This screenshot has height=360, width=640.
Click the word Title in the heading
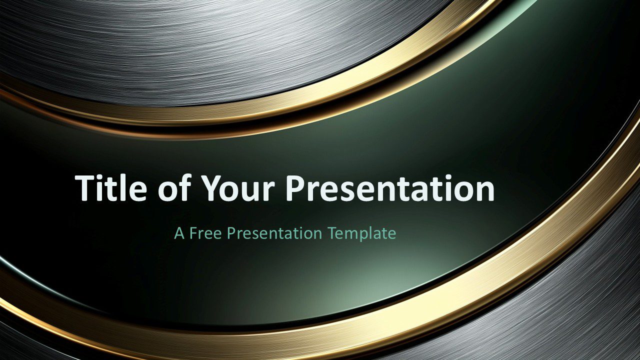pyautogui.click(x=111, y=187)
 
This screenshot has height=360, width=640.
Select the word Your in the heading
pyautogui.click(x=238, y=189)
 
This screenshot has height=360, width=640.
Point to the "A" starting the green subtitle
pyautogui.click(x=179, y=233)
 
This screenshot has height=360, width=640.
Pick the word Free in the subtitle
pyautogui.click(x=205, y=233)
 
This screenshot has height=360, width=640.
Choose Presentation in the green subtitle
pyautogui.click(x=274, y=233)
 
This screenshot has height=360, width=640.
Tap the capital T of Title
pyautogui.click(x=85, y=188)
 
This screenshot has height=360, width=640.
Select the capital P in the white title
pyautogui.click(x=296, y=188)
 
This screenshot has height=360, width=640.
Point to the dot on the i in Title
pyautogui.click(x=102, y=177)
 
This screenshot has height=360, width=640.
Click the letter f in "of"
pyautogui.click(x=185, y=187)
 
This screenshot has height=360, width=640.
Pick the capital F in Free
pyautogui.click(x=194, y=233)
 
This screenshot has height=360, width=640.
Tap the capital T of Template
pyautogui.click(x=333, y=233)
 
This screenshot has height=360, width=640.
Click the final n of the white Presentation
pyautogui.click(x=484, y=191)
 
